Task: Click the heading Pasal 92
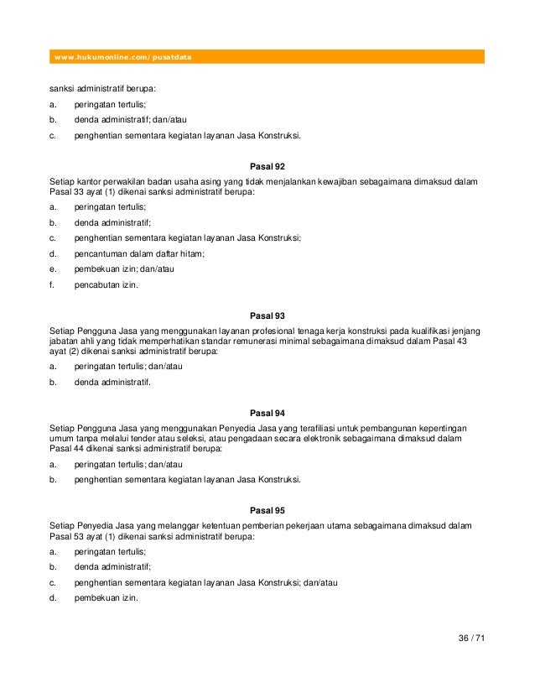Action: click(267, 166)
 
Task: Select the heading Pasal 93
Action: click(267, 315)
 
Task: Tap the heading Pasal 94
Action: click(267, 413)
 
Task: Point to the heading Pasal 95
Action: click(267, 510)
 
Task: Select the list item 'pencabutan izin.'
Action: click(105, 284)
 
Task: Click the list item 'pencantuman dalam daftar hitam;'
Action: click(139, 253)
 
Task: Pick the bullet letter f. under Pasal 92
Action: click(52, 284)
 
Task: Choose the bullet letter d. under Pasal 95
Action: click(53, 598)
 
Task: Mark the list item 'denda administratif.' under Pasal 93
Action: click(112, 382)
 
